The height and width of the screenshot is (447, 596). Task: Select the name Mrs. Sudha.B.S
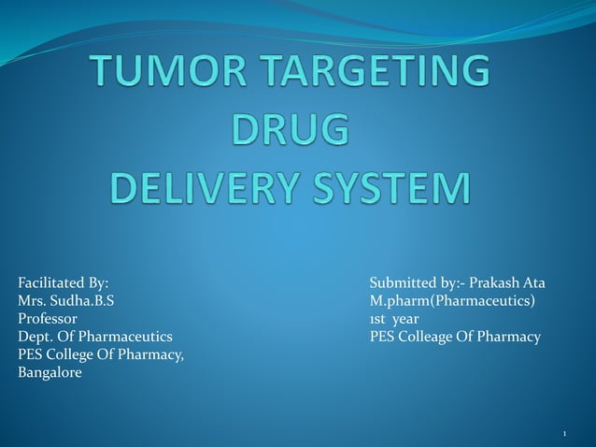(67, 300)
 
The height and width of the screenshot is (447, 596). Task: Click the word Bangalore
(50, 372)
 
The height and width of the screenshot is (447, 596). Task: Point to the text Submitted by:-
(416, 282)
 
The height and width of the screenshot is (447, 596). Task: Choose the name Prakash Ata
(507, 282)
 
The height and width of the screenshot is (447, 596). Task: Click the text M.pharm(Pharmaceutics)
(452, 300)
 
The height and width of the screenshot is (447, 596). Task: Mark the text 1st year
(394, 318)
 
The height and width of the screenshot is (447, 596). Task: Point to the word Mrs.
(32, 300)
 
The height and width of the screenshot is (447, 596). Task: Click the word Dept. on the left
(35, 336)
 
